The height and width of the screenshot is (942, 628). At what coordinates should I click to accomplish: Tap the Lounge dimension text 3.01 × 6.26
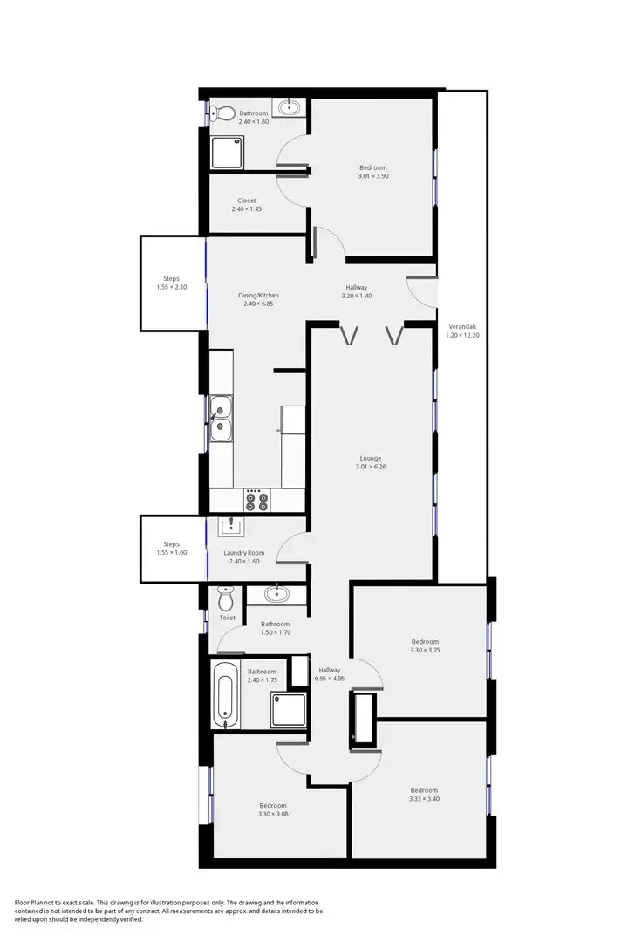tap(371, 467)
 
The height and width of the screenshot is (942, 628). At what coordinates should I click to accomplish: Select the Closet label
tap(247, 201)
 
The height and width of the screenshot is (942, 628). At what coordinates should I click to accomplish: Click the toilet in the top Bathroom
tap(225, 113)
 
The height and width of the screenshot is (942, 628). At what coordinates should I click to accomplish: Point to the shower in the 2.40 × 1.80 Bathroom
tap(229, 152)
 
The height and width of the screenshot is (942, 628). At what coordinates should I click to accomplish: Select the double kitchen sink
tap(221, 417)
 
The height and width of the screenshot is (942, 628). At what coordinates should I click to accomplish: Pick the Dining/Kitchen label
tap(259, 296)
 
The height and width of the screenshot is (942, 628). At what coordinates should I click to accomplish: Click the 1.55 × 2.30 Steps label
tap(171, 279)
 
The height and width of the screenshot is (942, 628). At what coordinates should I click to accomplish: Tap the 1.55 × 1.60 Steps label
tap(171, 544)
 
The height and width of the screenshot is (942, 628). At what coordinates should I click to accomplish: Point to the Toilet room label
tap(228, 618)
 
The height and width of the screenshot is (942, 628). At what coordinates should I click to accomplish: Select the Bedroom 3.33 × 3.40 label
tap(425, 791)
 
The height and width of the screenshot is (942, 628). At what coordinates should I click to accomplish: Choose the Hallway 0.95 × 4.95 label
tap(330, 670)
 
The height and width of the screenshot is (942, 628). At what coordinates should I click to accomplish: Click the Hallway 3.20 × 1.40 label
tap(357, 288)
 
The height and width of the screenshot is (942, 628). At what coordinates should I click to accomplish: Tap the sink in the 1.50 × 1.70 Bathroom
tap(276, 595)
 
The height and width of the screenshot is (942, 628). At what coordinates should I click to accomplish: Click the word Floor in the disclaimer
tap(23, 903)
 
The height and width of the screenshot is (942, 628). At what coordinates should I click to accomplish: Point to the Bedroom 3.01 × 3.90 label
tap(372, 167)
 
